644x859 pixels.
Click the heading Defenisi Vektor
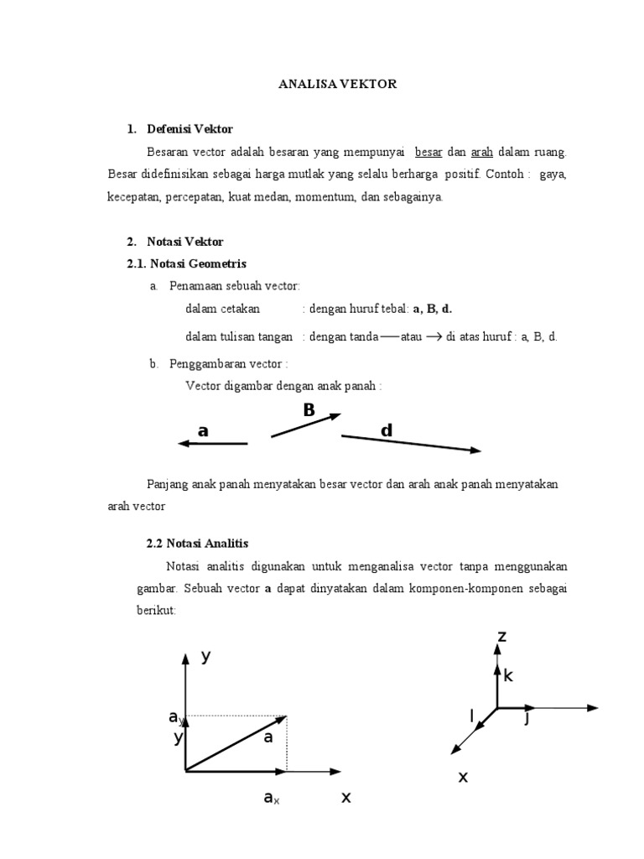tap(190, 129)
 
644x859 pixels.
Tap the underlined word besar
tap(428, 152)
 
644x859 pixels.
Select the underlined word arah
tap(481, 152)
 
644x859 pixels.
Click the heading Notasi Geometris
tap(196, 263)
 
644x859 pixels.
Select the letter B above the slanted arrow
tap(309, 410)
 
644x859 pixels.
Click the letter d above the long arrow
tap(387, 430)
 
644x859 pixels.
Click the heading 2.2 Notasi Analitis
tap(198, 544)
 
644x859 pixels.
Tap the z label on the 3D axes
tap(502, 638)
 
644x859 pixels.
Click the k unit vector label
tap(508, 675)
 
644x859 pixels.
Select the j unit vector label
tap(527, 718)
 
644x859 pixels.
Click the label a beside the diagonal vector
tap(268, 738)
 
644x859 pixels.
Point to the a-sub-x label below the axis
tap(271, 799)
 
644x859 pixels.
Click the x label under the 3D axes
tap(462, 778)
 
